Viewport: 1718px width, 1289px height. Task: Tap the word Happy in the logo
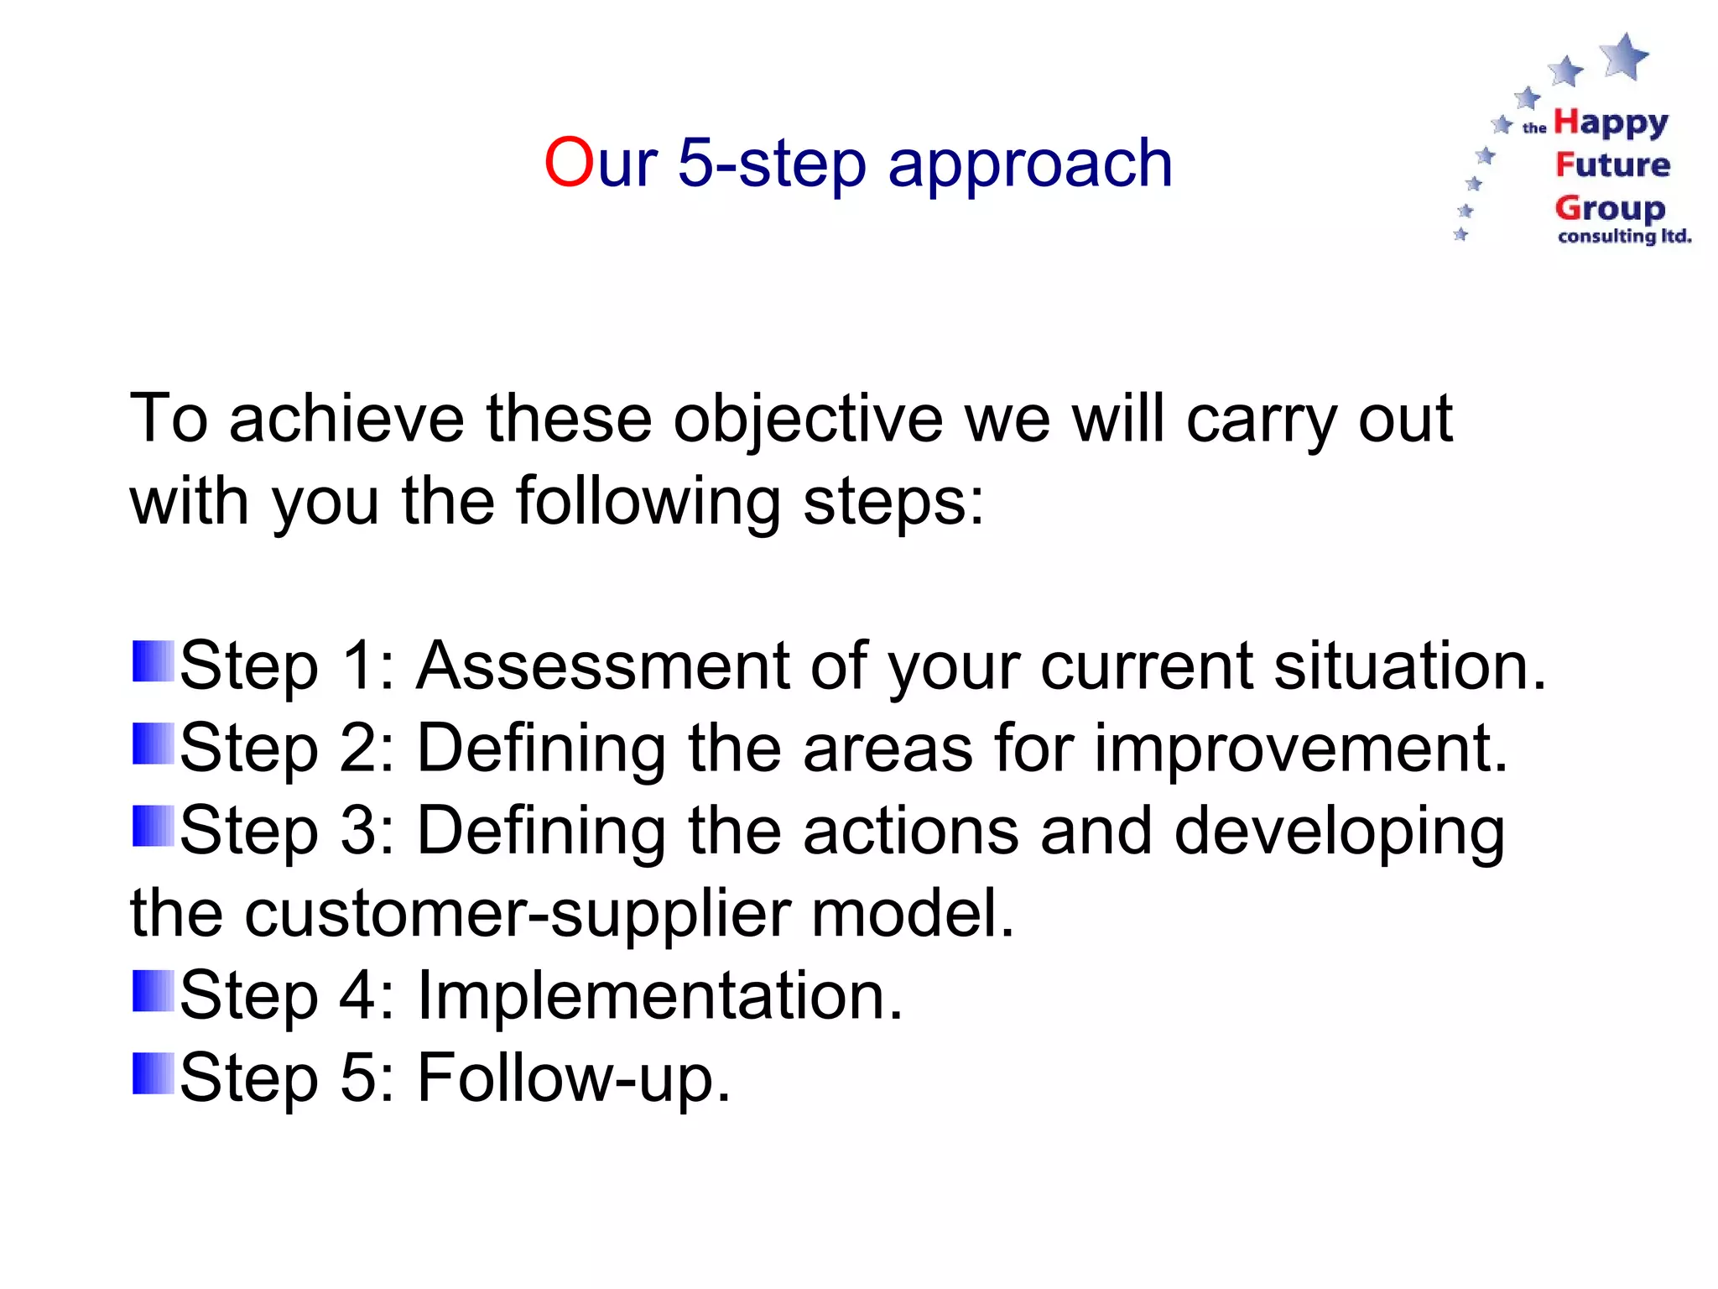1611,123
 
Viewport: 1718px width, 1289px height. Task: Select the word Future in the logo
1612,164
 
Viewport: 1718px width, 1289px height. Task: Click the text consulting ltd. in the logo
1624,237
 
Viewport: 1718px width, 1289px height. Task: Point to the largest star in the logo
1626,56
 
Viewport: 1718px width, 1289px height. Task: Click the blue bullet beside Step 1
154,661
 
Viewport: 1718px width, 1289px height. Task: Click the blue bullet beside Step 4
154,991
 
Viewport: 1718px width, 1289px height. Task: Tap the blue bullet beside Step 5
154,1073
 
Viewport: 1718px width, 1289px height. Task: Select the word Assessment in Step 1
603,665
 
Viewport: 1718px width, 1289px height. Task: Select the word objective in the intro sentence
808,420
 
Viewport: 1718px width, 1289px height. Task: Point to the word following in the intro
648,502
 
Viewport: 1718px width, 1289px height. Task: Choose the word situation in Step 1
1409,665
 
